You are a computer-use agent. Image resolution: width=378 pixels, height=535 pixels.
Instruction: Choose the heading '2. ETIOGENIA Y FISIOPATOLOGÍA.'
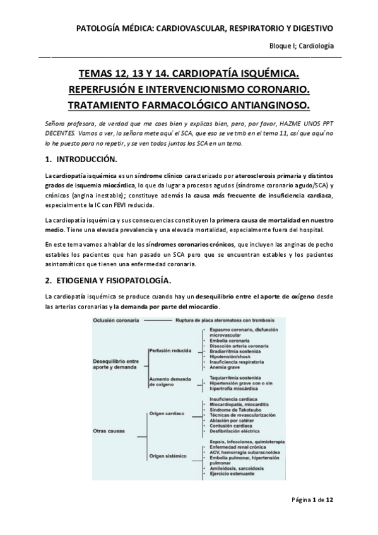point(113,280)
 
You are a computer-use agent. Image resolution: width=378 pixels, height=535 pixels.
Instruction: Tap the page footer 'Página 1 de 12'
point(312,517)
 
